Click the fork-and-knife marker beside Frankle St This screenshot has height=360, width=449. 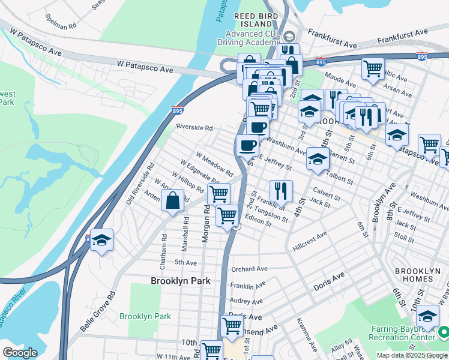(x=281, y=191)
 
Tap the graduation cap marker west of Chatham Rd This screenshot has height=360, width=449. (x=101, y=241)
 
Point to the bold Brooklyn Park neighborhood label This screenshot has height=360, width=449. (x=179, y=280)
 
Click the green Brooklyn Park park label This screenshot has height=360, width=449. (x=145, y=316)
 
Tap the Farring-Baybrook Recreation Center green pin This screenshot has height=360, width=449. (x=443, y=331)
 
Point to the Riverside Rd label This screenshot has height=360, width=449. (x=194, y=127)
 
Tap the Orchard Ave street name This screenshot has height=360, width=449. (x=249, y=269)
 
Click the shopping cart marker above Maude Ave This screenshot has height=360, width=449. (x=373, y=68)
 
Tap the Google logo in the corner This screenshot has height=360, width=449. (x=20, y=353)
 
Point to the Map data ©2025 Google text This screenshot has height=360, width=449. (x=412, y=355)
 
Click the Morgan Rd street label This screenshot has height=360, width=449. (x=205, y=224)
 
